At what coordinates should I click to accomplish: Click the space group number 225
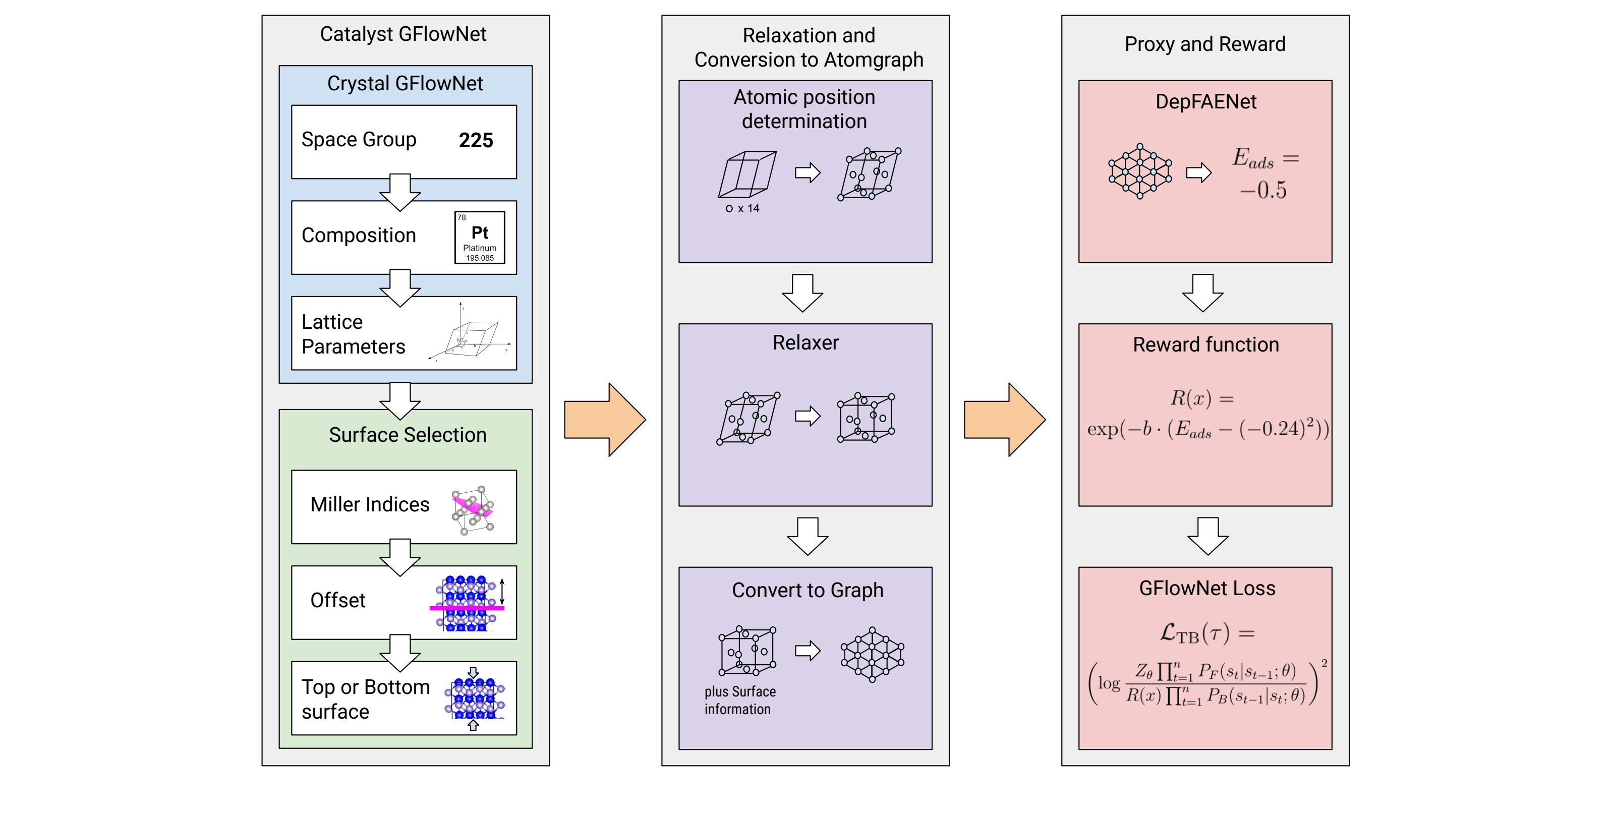point(476,140)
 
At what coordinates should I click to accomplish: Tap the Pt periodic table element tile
point(479,237)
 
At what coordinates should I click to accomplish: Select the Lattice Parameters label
point(353,334)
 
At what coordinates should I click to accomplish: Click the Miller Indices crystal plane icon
point(473,509)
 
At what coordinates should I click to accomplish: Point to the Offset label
point(337,601)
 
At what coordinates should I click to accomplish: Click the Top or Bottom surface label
point(366,699)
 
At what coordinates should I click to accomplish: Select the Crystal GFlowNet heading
point(405,83)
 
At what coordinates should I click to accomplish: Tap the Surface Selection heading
point(408,435)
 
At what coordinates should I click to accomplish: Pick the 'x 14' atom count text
point(748,208)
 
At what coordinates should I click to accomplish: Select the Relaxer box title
point(805,343)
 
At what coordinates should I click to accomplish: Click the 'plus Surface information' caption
point(739,700)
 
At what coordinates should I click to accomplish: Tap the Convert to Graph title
point(807,590)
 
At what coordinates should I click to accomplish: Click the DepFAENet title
point(1205,101)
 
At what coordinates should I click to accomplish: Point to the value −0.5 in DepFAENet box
point(1263,190)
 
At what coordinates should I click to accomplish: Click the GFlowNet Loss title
point(1206,588)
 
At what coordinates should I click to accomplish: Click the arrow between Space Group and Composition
point(400,192)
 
